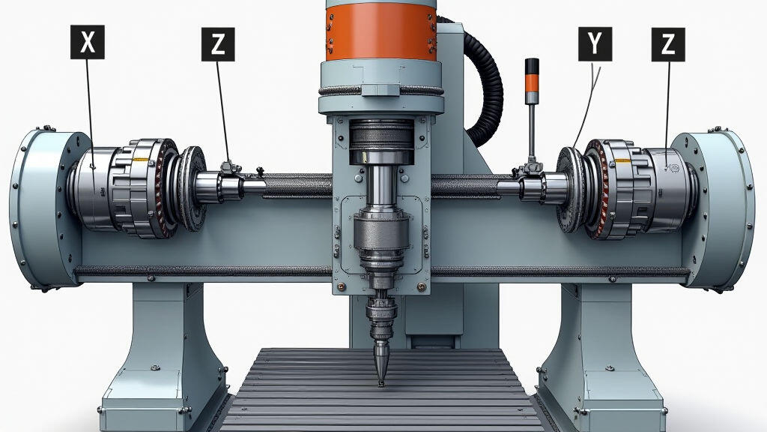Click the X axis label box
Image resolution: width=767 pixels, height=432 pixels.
(x=87, y=42)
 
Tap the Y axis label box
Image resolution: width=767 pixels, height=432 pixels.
(x=595, y=43)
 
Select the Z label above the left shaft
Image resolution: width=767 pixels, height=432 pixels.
(x=218, y=43)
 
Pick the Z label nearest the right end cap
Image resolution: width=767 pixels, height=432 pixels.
(x=668, y=43)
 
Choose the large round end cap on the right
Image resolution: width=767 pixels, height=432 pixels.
(x=723, y=210)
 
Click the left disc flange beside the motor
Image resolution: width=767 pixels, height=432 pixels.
(x=193, y=187)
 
